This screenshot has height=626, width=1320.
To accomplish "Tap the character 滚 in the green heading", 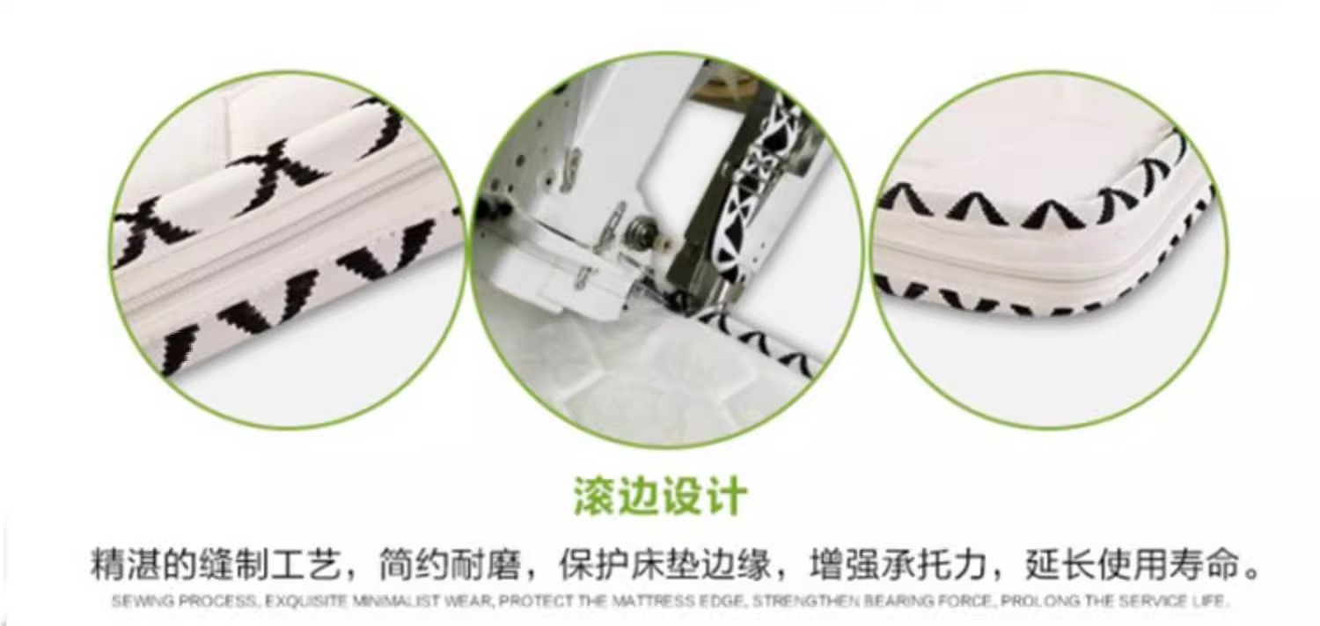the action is click(595, 497).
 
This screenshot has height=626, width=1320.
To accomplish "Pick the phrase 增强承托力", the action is click(898, 564).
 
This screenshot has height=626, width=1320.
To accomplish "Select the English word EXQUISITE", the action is click(306, 602).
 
